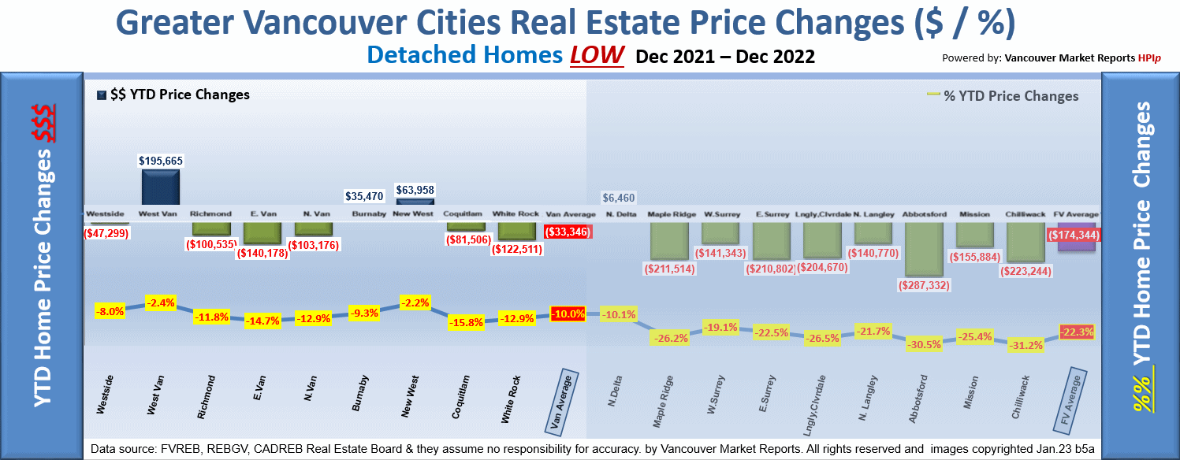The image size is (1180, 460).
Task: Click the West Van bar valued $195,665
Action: pos(161,188)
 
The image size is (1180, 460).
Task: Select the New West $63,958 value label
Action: pos(415,190)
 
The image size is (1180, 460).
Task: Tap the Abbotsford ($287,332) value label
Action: pos(923,285)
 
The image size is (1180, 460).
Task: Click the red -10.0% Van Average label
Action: pos(568,313)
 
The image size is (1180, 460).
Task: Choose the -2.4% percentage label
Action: pos(160,302)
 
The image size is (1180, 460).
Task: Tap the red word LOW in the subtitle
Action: pos(597,56)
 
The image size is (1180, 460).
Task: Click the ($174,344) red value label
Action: pos(1074,235)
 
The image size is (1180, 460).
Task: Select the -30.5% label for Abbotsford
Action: pos(924,344)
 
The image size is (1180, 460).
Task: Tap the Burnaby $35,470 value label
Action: pos(364,195)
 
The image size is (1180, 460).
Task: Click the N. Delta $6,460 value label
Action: pos(618,198)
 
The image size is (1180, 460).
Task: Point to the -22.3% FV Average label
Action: pos(1077,332)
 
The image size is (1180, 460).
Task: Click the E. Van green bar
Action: pos(262,232)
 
